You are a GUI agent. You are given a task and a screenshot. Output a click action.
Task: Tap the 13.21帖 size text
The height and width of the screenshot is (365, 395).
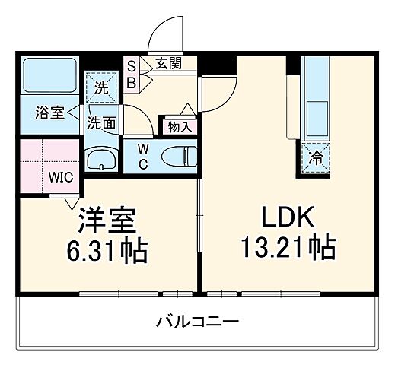click(x=288, y=248)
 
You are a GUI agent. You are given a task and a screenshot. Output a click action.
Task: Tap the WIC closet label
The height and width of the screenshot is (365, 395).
click(x=61, y=178)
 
